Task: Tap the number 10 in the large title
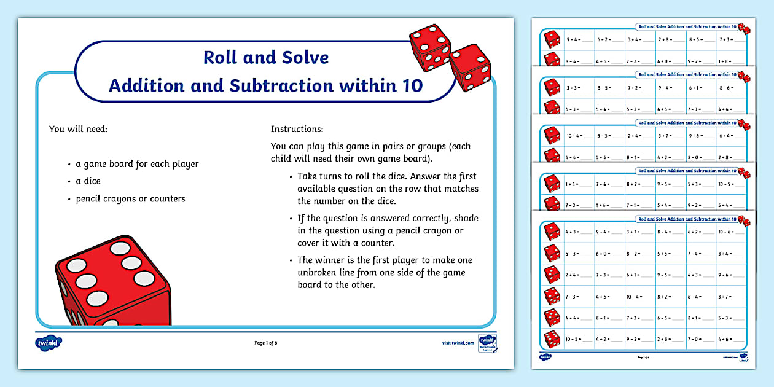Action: click(x=410, y=85)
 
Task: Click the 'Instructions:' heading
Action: click(x=297, y=130)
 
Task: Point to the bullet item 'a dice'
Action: click(x=88, y=181)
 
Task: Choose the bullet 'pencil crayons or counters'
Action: click(x=130, y=198)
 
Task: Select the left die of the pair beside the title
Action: click(x=429, y=47)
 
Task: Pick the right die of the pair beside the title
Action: click(x=470, y=68)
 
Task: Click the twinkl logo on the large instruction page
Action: click(x=49, y=342)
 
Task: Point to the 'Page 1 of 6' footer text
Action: click(x=266, y=343)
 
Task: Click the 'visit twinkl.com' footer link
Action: click(x=458, y=343)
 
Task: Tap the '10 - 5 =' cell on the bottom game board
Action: click(x=576, y=339)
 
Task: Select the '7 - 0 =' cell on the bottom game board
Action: click(x=697, y=339)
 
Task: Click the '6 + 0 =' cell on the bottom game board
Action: click(x=606, y=253)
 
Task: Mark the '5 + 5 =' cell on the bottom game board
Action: click(x=666, y=253)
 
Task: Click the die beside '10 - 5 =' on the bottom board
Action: click(x=552, y=338)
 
